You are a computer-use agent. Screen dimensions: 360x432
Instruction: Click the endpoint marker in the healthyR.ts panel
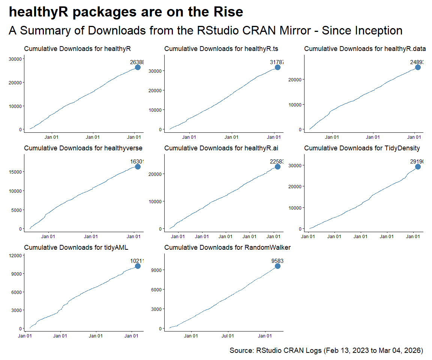(x=277, y=67)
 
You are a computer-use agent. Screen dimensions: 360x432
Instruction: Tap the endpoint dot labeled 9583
(x=277, y=266)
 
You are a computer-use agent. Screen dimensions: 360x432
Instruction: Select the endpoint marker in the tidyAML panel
(x=138, y=266)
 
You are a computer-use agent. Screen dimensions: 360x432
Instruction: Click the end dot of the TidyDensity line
(x=418, y=166)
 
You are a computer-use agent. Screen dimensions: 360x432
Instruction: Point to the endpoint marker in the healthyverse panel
(x=138, y=166)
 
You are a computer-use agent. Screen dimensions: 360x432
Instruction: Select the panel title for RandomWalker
(x=227, y=247)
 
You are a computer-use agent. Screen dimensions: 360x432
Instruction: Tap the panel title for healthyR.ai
(x=221, y=148)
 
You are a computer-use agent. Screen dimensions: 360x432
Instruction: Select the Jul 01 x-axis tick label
(x=228, y=336)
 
